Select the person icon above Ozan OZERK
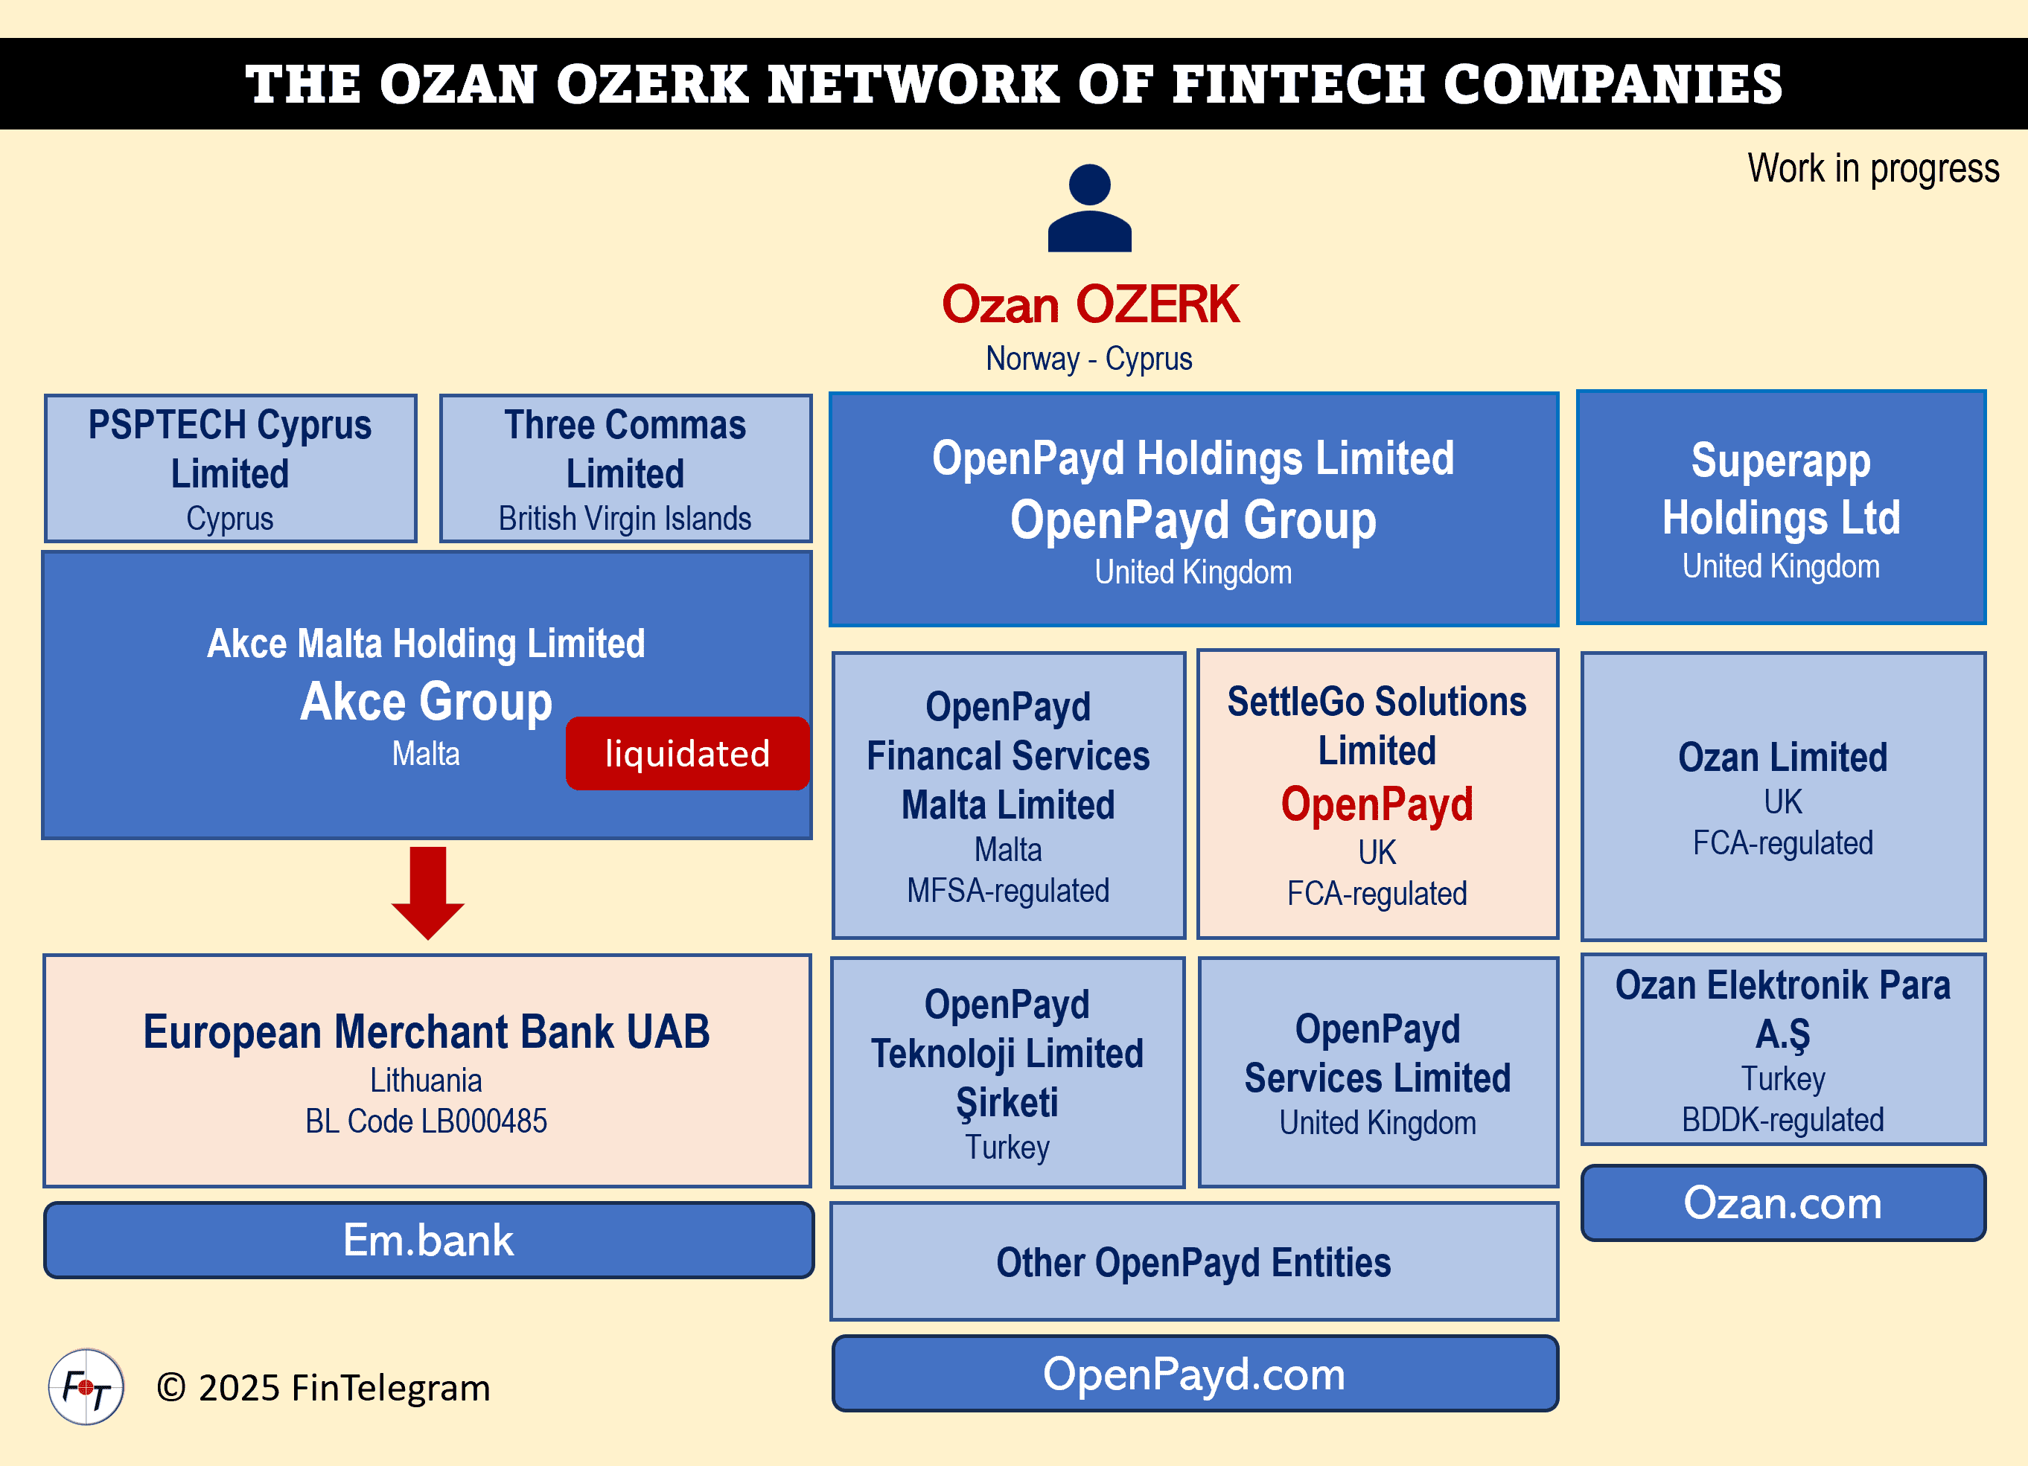point(1089,208)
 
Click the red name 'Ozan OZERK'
point(1089,304)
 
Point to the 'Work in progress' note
point(1872,168)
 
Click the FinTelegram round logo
point(86,1386)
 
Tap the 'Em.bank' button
point(428,1240)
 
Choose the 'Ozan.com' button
point(1782,1203)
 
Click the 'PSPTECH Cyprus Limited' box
point(230,467)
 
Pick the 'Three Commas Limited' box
point(625,467)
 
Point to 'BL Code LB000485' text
point(426,1121)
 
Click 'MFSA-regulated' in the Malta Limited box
point(1008,890)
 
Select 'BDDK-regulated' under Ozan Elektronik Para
point(1782,1119)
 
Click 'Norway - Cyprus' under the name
point(1088,359)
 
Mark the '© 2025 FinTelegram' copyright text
point(323,1387)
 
